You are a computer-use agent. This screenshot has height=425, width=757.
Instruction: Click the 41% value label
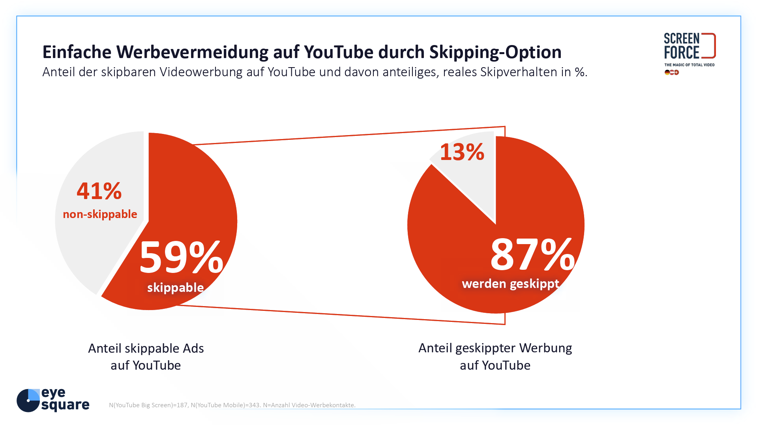click(99, 191)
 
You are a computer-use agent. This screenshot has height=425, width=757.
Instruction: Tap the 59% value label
click(181, 258)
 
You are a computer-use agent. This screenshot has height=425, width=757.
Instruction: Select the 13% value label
click(462, 152)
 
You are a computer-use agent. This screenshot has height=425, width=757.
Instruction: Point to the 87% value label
click(532, 255)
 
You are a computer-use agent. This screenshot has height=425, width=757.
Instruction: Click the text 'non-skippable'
click(100, 214)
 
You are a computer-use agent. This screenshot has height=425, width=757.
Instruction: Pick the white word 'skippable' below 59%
click(175, 288)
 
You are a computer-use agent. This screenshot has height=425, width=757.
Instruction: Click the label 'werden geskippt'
click(510, 284)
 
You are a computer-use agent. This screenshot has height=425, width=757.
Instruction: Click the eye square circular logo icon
click(28, 401)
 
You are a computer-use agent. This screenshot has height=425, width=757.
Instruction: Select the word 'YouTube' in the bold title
click(338, 52)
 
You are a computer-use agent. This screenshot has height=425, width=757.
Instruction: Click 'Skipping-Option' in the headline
click(495, 52)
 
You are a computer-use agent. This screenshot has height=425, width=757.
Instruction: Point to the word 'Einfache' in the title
click(77, 52)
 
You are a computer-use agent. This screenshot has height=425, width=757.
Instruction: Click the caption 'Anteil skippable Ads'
click(146, 348)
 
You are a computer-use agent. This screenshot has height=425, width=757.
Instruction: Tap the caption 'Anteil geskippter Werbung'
click(495, 348)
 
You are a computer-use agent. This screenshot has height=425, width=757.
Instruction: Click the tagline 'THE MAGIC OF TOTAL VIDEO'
click(689, 65)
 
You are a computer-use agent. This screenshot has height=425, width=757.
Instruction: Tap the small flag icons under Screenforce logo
click(671, 72)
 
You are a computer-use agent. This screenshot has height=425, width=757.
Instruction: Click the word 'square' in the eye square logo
click(65, 405)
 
